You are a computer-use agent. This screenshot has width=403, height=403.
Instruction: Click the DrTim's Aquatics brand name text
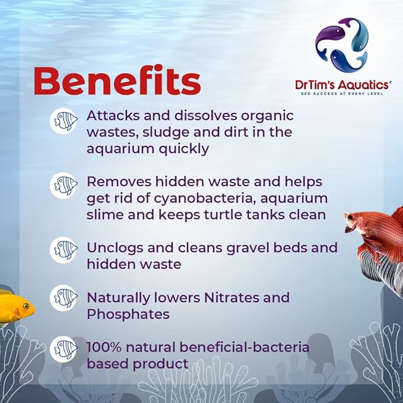[343, 85]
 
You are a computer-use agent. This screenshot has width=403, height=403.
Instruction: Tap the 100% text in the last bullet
[104, 346]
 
